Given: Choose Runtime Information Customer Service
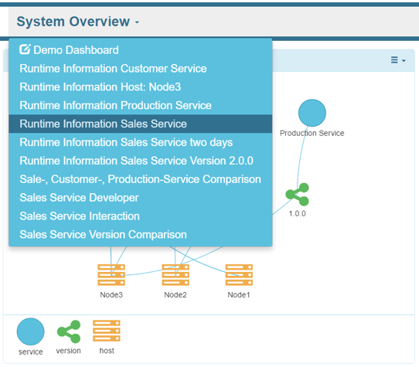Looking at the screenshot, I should pos(113,68).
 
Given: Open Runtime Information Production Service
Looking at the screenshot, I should pos(115,105).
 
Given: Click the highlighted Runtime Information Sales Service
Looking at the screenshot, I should pos(103,124).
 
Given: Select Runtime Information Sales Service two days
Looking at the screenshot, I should pos(126,142).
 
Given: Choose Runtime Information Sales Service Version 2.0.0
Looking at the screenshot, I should pos(136,161).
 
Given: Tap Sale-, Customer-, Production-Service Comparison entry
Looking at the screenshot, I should pos(140,179).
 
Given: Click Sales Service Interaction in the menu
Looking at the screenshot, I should pos(80,216).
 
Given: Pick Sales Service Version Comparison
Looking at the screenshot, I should pos(103,235).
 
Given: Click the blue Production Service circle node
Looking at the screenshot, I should pos(312,113).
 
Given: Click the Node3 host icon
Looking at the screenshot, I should pos(111,275).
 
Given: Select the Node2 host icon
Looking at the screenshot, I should pos(175,275).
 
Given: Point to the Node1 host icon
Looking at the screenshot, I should pos(239,275).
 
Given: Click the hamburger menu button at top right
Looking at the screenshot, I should pos(397,59).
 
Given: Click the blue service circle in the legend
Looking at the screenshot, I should pos(31,331).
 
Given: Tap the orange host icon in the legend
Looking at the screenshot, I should pos(106,331).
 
